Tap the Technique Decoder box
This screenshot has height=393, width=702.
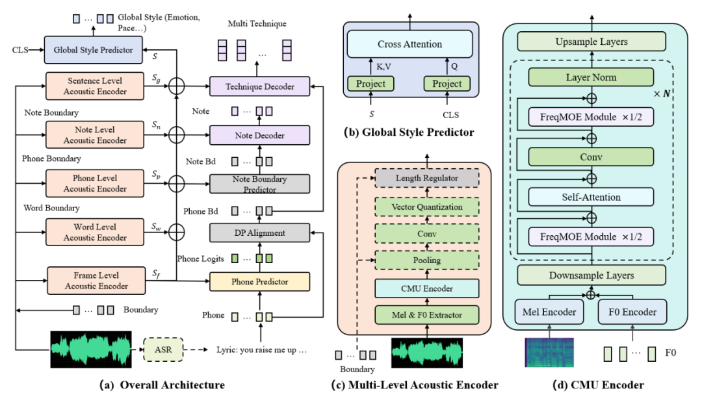[259, 86]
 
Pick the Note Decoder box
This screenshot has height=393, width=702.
[259, 135]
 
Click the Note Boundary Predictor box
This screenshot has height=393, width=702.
[259, 184]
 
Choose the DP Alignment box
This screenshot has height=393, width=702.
[259, 233]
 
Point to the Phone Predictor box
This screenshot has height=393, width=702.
[259, 282]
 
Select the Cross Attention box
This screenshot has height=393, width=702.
[409, 44]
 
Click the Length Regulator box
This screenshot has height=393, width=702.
[426, 178]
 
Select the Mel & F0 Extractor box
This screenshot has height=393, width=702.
[426, 315]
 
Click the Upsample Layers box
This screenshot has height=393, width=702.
[591, 42]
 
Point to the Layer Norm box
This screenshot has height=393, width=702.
[591, 77]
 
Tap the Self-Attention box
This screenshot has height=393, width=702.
[591, 197]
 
